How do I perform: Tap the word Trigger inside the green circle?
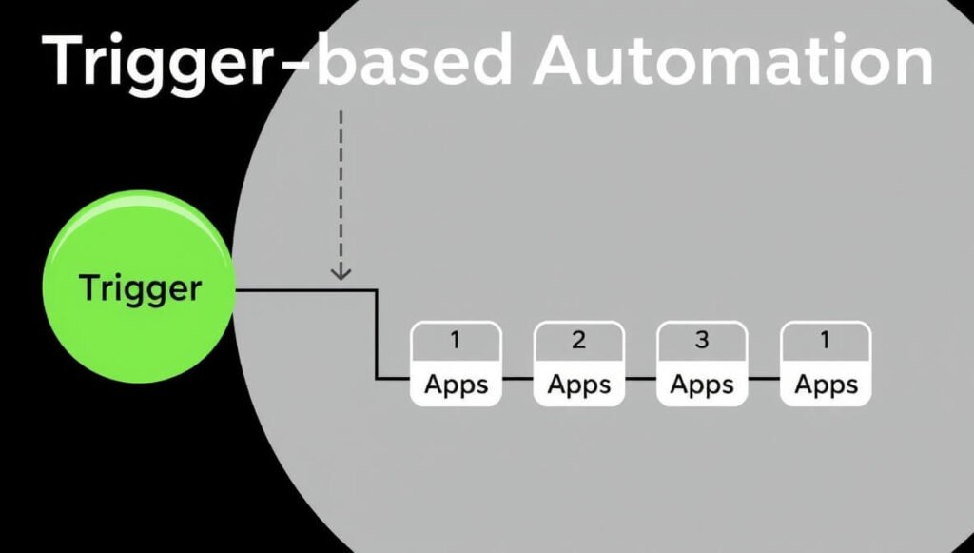141,287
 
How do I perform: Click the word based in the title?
419,62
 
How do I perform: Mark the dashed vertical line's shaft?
341,181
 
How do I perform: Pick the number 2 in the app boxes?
578,340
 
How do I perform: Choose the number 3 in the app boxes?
702,340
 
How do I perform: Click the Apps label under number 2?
578,385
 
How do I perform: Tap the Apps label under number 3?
702,385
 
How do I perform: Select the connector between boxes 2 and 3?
640,379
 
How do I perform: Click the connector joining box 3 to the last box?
764,379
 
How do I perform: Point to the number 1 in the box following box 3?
825,340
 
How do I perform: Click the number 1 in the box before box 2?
455,340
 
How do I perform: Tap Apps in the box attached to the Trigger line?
455,385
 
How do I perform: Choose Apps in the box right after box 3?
825,385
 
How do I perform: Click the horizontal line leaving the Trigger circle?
304,289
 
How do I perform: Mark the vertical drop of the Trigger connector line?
377,333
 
